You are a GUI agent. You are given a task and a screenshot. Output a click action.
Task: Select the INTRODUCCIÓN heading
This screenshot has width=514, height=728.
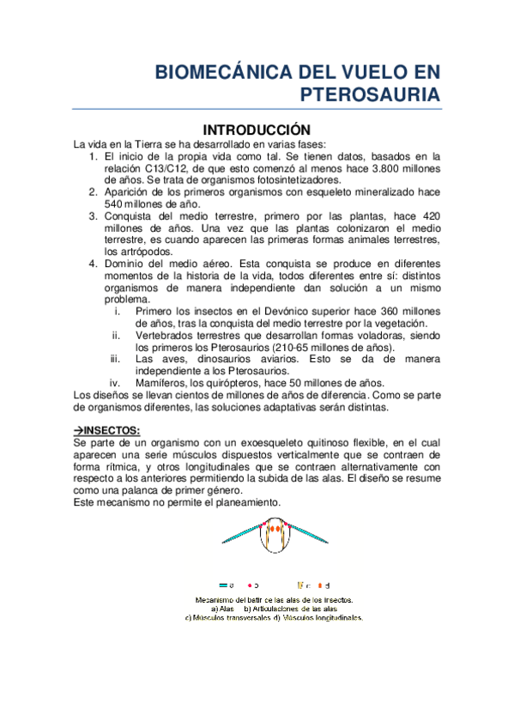[x=256, y=129]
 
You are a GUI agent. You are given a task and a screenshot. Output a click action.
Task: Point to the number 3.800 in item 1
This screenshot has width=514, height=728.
[x=373, y=169]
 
